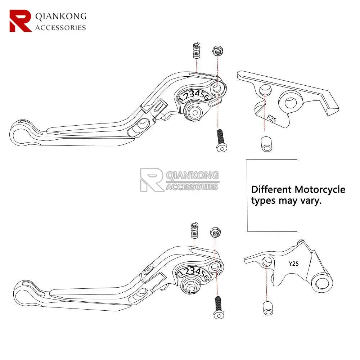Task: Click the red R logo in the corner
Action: (21, 21)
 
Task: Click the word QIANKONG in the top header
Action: (60, 16)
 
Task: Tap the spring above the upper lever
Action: (196, 51)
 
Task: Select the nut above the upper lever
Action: (217, 51)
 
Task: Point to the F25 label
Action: (272, 118)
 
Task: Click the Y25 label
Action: (293, 264)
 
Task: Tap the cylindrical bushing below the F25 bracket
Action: (265, 144)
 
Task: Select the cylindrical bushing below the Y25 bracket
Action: (267, 309)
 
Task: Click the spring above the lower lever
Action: (195, 230)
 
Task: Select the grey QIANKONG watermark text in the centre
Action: (193, 175)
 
